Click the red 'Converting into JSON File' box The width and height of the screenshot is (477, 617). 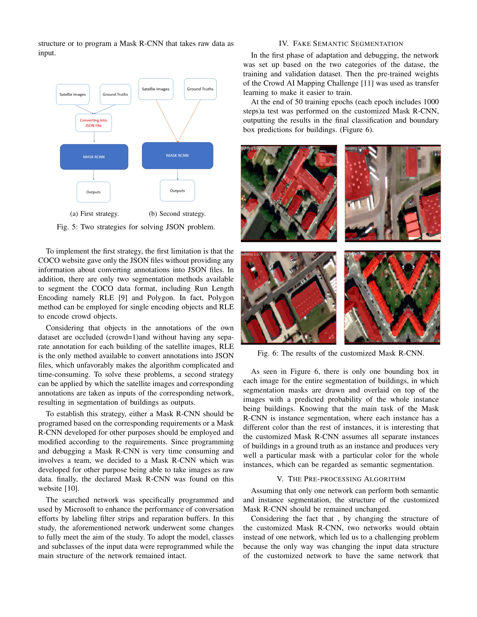pos(93,123)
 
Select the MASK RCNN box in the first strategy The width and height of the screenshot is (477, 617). pos(94,157)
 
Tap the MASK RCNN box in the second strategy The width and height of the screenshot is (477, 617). pos(177,155)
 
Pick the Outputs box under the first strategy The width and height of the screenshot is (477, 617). pos(93,192)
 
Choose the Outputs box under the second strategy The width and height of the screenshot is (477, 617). pos(177,191)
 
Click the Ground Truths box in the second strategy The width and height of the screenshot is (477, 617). pos(200,89)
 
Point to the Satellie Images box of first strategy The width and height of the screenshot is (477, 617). pos(73,94)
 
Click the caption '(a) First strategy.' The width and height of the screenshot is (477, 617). pos(94,214)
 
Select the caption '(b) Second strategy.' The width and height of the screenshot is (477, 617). pos(177,214)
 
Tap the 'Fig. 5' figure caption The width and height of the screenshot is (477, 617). pos(136,227)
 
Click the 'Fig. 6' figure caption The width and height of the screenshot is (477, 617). pos(341,353)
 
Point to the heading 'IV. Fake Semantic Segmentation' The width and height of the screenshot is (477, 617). pos(341,43)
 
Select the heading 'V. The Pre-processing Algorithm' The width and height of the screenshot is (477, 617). pos(341,479)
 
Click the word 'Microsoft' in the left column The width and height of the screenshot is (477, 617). pos(80,509)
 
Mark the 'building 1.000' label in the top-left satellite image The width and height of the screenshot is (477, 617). pos(251,148)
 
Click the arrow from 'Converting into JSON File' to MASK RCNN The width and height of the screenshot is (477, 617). pos(94,137)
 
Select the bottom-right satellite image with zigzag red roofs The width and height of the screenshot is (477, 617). pos(392,298)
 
